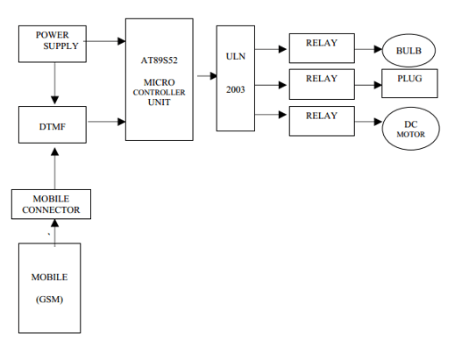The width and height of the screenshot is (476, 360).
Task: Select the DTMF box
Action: point(54,125)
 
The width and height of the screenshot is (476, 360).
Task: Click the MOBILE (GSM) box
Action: point(50,287)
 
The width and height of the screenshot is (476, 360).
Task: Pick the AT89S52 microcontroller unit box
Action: point(159,79)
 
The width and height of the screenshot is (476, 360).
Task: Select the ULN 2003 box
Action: point(235,79)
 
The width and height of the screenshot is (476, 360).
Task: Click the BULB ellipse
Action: point(409,51)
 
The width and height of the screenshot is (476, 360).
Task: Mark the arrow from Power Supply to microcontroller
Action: point(107,39)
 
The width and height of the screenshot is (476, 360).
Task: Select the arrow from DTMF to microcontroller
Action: point(107,121)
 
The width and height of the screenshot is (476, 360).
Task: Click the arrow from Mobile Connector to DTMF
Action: point(55,166)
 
